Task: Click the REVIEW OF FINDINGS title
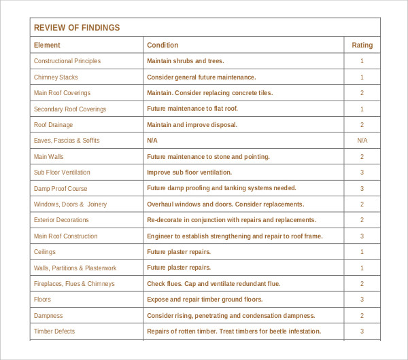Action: pos(76,28)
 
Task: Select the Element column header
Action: pos(47,46)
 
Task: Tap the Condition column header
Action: pos(163,46)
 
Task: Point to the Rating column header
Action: pos(362,46)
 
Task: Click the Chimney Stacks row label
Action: pos(56,77)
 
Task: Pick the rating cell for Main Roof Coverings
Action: pos(362,93)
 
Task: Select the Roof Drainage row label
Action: pos(53,125)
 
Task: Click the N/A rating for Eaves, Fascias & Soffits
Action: pos(362,141)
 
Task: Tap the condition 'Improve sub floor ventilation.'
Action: pos(189,173)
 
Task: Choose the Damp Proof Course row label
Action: pos(61,189)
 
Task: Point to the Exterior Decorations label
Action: pos(61,220)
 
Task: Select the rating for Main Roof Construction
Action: pos(362,236)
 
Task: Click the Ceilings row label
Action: pos(46,252)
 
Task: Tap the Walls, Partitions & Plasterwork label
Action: pos(75,268)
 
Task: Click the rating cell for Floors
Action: pos(362,300)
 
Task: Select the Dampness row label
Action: pos(48,316)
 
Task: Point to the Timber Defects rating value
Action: pos(362,331)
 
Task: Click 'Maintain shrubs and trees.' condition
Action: pos(185,61)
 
